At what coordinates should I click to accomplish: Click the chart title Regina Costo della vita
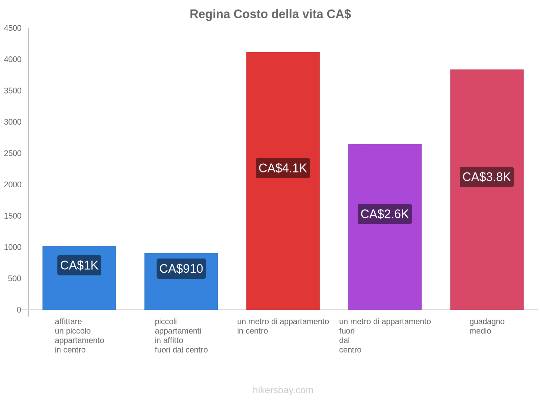click(270, 14)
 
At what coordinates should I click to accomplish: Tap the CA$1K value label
click(79, 265)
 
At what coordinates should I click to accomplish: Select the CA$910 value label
click(181, 269)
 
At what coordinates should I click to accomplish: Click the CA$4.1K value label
click(283, 168)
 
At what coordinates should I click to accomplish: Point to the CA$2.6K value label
click(385, 214)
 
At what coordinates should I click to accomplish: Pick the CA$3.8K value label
click(487, 177)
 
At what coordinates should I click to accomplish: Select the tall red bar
click(283, 101)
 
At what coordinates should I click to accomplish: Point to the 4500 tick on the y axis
click(13, 28)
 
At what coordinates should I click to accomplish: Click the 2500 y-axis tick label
click(13, 154)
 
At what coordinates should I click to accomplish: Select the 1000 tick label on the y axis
click(13, 247)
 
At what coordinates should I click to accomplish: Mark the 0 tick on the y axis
click(19, 310)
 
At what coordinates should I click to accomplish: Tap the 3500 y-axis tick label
click(13, 91)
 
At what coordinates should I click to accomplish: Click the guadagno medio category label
click(487, 326)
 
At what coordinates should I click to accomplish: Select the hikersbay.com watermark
click(283, 390)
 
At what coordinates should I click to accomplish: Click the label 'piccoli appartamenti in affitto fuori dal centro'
click(181, 335)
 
